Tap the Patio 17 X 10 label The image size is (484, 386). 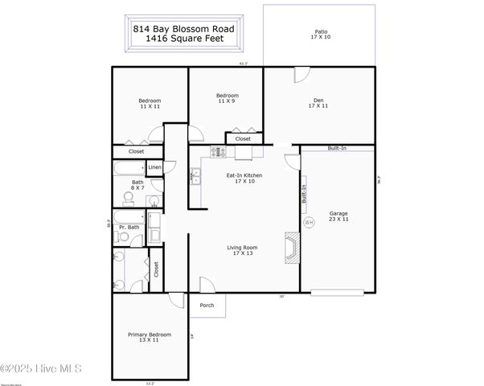[320, 36]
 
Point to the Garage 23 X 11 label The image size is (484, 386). [338, 216]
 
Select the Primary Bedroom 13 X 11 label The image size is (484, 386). [150, 338]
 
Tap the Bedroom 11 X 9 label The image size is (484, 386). [227, 98]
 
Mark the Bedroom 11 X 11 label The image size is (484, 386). [150, 103]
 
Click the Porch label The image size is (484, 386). [207, 305]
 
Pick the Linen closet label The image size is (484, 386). [155, 167]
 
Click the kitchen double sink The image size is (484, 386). [195, 176]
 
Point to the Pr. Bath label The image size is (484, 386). [129, 228]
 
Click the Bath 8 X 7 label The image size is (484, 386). [137, 185]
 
